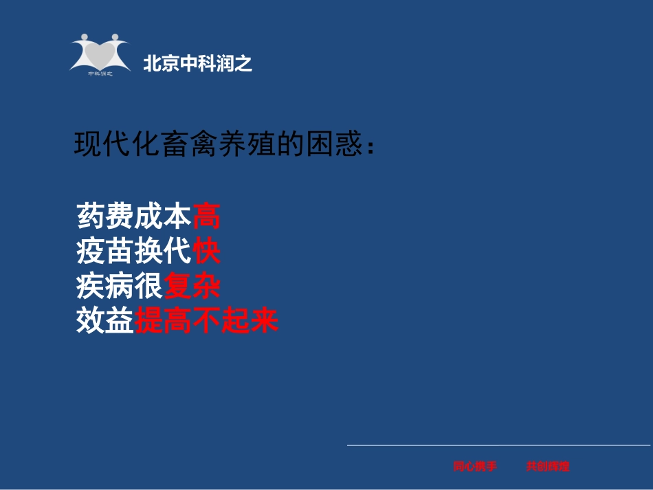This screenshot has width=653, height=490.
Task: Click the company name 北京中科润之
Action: click(x=197, y=65)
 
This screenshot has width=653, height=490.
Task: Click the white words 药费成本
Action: click(x=134, y=216)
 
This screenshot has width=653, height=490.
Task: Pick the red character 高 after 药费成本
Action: click(x=206, y=216)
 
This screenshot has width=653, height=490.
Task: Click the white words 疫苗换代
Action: click(x=134, y=251)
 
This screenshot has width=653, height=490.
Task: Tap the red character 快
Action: click(x=206, y=251)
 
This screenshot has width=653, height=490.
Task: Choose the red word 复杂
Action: click(x=192, y=286)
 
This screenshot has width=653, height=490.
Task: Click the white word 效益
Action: click(x=105, y=321)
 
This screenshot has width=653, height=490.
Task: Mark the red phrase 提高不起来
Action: click(x=206, y=321)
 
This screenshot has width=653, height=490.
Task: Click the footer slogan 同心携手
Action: click(x=474, y=467)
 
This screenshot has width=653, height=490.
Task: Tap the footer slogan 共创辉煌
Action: click(x=548, y=467)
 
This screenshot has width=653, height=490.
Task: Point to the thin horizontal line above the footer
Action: click(x=498, y=445)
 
